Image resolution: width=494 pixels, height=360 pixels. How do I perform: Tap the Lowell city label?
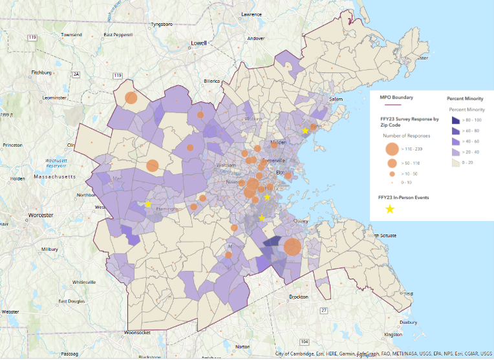199,43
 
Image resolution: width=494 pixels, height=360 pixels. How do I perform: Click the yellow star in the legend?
390,209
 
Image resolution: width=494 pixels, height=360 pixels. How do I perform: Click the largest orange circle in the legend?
391,149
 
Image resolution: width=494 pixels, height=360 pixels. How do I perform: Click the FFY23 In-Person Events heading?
403,197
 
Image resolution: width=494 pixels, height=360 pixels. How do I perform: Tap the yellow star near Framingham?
147,204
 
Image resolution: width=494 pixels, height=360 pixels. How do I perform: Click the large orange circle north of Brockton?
292,247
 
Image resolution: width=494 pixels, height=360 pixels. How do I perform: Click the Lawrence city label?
252,14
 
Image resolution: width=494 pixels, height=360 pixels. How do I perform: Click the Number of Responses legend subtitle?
402,136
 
